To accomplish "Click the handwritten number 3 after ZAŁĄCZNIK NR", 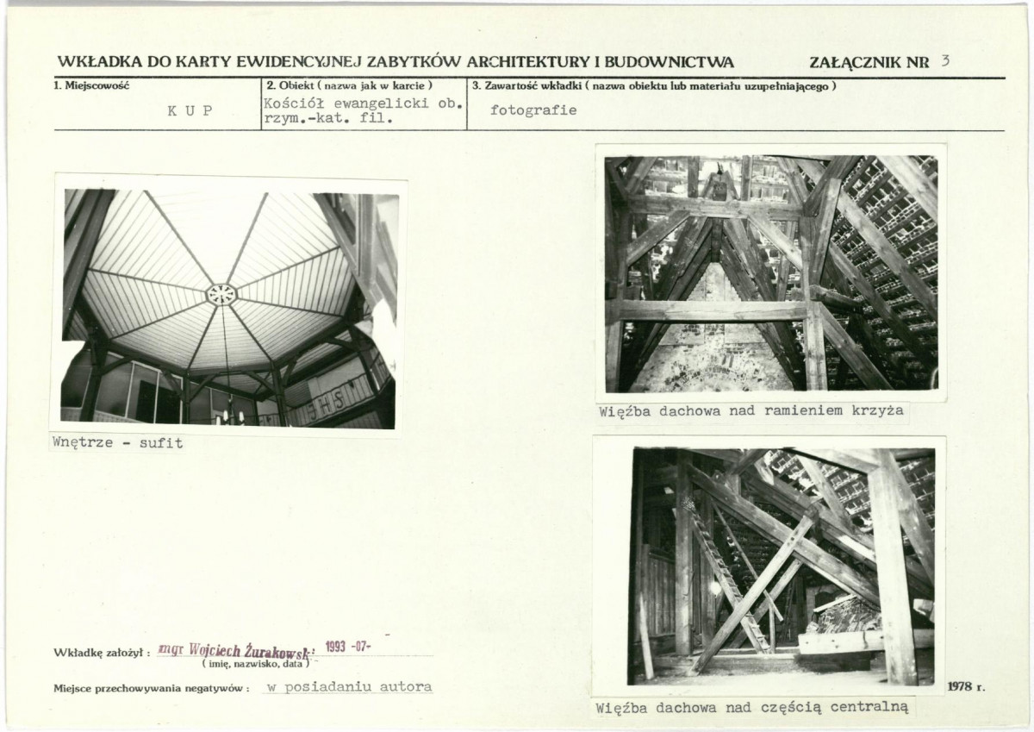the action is (946, 61).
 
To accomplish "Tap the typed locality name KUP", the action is (190, 111).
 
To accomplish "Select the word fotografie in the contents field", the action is (533, 110).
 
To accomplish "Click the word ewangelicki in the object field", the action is (381, 103).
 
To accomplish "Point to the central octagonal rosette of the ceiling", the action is (221, 294).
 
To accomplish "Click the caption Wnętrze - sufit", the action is (118, 442).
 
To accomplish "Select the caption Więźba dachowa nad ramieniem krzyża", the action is (751, 411).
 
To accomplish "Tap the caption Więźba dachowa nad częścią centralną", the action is (752, 708).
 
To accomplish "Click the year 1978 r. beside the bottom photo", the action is (967, 687).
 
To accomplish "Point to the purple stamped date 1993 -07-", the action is (348, 646).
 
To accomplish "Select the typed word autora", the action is (406, 687).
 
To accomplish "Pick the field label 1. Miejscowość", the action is (92, 86).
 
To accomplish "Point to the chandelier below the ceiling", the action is (228, 414).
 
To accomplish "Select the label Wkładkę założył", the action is (102, 653).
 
